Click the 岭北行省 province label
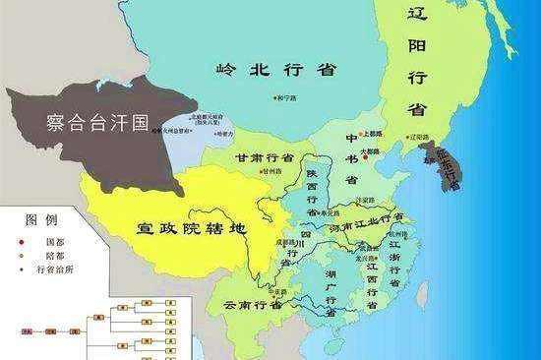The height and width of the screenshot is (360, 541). click(274, 69)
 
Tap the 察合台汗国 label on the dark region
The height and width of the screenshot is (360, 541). click(97, 122)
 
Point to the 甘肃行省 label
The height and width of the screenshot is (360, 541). click(264, 156)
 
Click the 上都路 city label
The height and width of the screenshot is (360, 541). click(371, 133)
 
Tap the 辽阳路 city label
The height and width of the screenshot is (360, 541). click(417, 137)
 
